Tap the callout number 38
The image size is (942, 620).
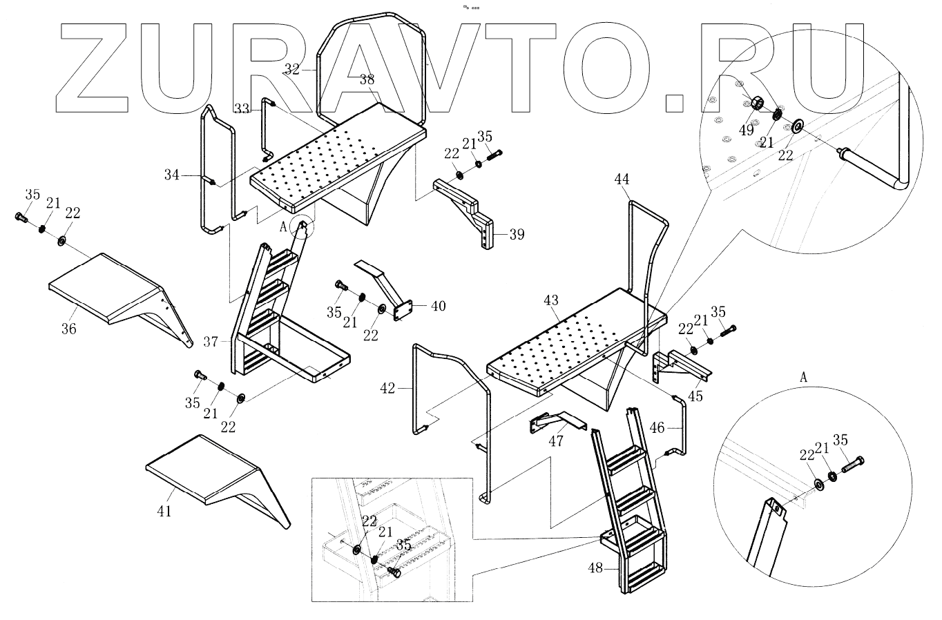tap(367, 80)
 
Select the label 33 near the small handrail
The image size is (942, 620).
tap(242, 109)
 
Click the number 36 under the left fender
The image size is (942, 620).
tap(69, 329)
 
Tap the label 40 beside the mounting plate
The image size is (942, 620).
tap(439, 306)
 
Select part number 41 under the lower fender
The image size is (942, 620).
tap(164, 511)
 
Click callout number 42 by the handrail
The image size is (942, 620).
tap(388, 389)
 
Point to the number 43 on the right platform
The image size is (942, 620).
tap(550, 301)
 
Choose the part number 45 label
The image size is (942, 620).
tap(695, 396)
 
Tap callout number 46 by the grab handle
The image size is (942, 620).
tap(657, 428)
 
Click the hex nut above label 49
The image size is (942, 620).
tap(756, 103)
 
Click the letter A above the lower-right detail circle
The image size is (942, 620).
tap(803, 378)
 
